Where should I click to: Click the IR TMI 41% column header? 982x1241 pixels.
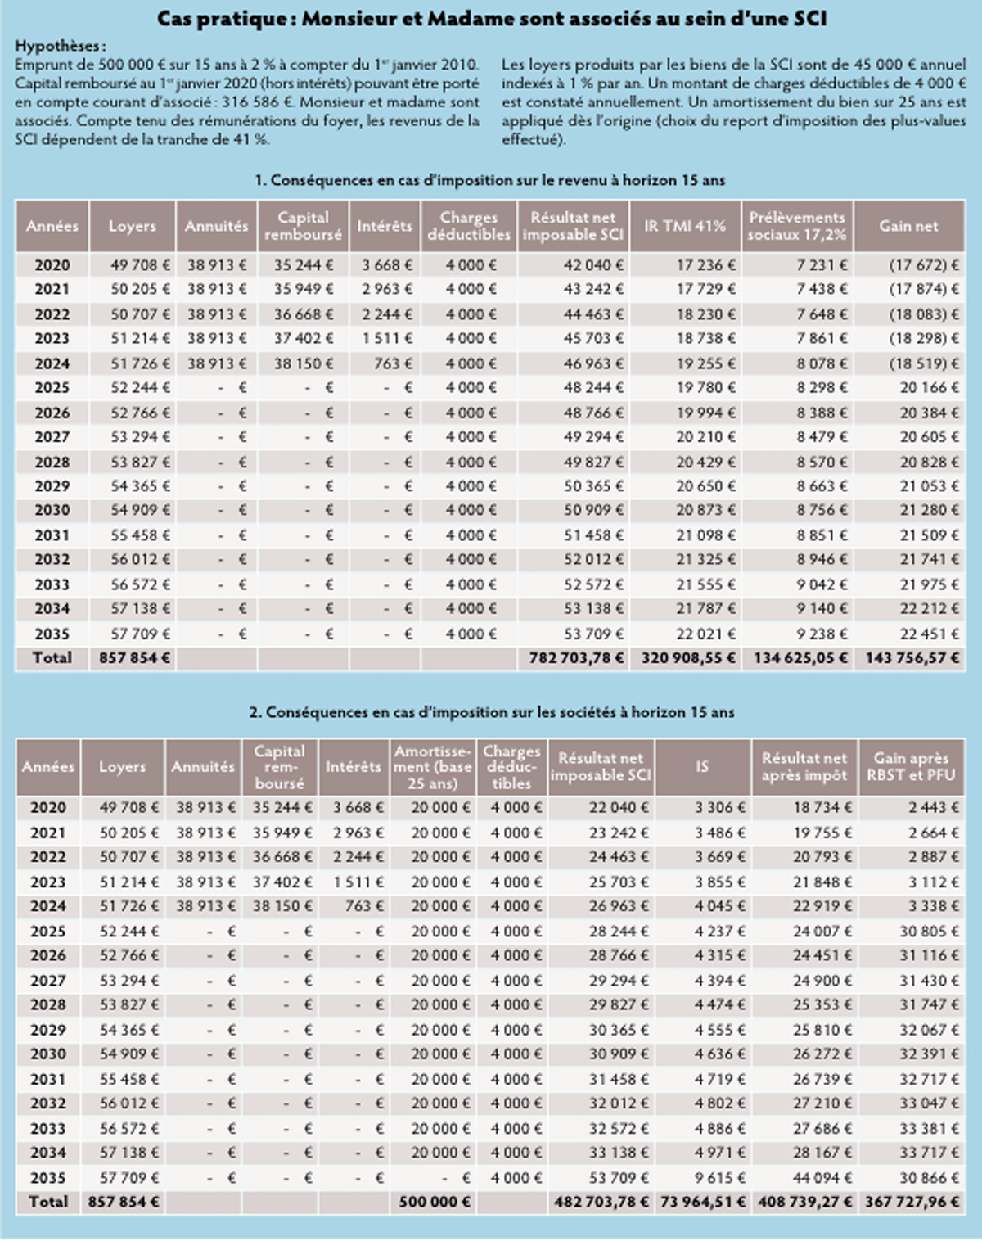click(x=685, y=226)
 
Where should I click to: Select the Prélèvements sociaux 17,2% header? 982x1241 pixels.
click(x=796, y=226)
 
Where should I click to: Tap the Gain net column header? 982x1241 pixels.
click(x=908, y=226)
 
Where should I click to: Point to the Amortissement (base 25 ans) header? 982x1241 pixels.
click(x=432, y=767)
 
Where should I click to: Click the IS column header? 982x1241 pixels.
click(x=702, y=767)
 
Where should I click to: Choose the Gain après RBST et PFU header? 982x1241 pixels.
click(x=911, y=767)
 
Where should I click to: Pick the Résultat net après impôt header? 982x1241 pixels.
click(x=804, y=767)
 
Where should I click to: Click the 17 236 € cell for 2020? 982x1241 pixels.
click(x=705, y=265)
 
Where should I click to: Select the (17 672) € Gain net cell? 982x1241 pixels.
click(x=924, y=265)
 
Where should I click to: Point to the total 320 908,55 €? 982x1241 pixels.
click(x=688, y=658)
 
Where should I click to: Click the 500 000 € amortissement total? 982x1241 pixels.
click(x=435, y=1202)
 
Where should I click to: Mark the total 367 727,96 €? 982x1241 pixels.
click(x=912, y=1202)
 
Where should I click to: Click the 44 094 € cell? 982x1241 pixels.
click(x=822, y=1178)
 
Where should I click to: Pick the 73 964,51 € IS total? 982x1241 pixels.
click(x=703, y=1202)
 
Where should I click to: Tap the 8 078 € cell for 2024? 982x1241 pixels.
click(x=822, y=363)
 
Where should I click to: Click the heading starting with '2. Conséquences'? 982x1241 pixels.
click(x=491, y=712)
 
